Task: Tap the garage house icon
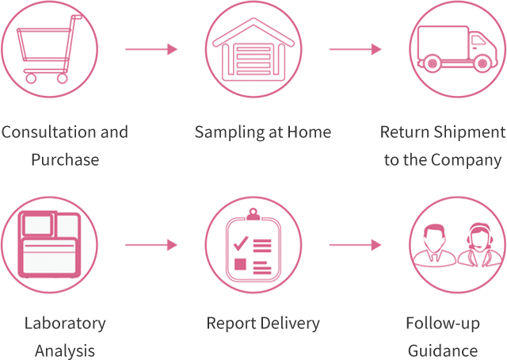click(x=253, y=52)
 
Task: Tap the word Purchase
click(x=65, y=159)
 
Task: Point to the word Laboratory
click(x=65, y=323)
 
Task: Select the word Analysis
click(x=65, y=350)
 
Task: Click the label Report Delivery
click(x=263, y=323)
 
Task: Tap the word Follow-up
click(x=443, y=323)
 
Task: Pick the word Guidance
click(x=443, y=350)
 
